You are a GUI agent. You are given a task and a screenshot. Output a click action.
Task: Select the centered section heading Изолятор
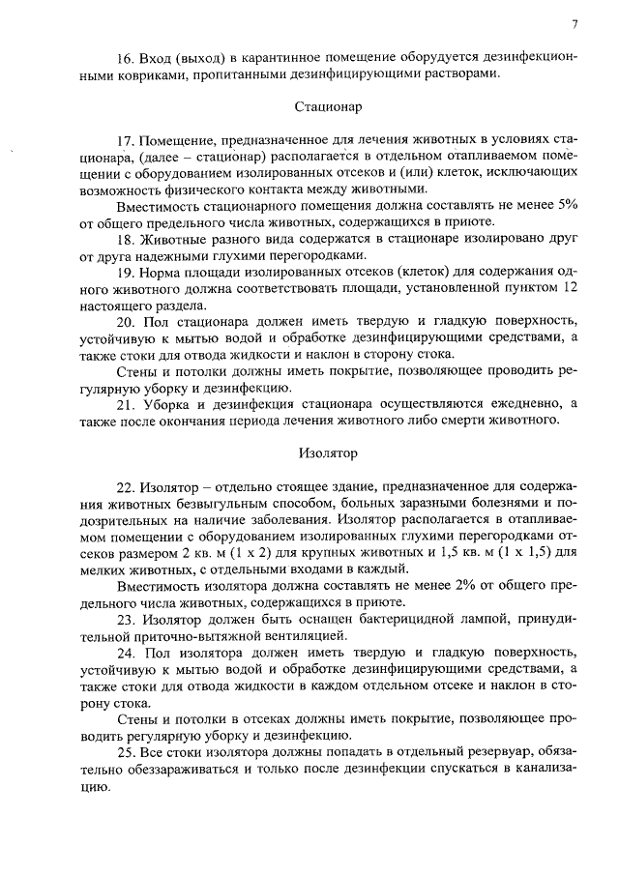[x=328, y=452]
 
